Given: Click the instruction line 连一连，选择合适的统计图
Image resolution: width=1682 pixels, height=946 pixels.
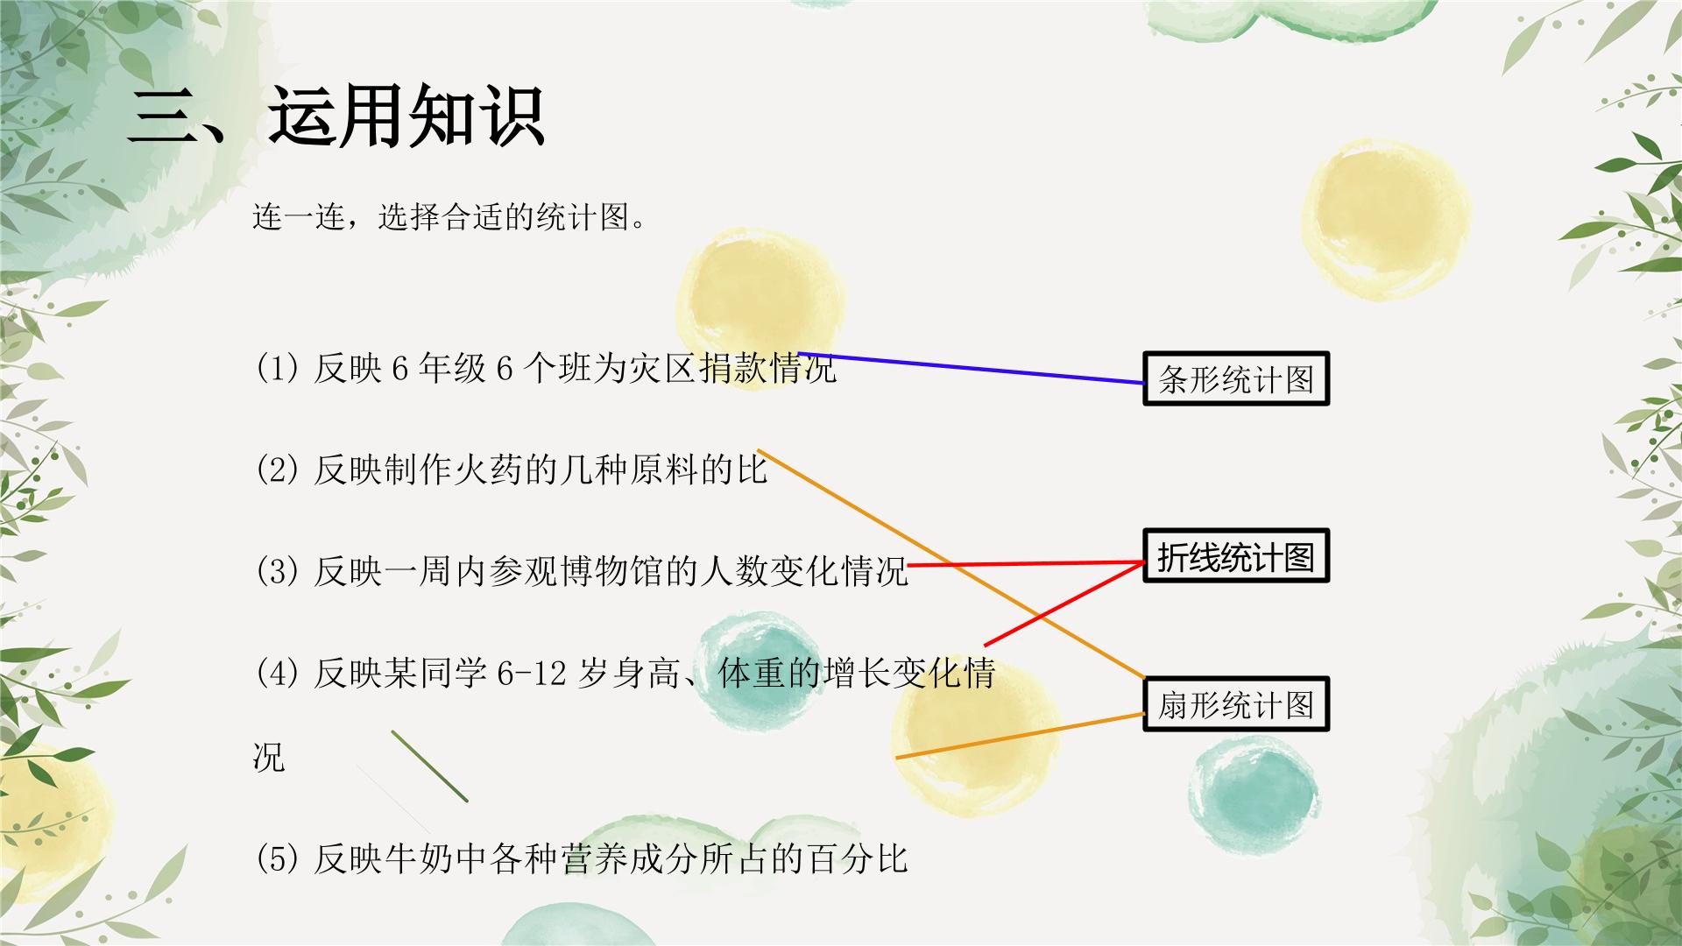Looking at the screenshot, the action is point(449,216).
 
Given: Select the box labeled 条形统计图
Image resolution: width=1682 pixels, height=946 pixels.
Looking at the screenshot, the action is point(1236,378).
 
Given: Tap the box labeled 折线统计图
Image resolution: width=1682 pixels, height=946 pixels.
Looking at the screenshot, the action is point(1236,556).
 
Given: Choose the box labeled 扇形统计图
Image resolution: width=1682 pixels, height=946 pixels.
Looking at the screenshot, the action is point(1236,704).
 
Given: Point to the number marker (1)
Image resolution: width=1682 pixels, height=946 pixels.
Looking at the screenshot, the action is point(278,369).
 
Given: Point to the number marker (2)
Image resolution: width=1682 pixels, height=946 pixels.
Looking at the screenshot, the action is point(278,470).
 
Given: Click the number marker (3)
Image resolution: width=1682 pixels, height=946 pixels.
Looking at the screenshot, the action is point(278,572).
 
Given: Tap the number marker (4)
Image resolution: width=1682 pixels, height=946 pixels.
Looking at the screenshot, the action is point(278,674).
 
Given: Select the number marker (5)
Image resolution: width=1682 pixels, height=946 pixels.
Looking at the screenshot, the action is point(278,859).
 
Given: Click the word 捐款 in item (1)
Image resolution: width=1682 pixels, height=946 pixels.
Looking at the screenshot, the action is point(733,369).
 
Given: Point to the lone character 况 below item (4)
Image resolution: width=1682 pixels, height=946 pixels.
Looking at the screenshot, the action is point(269,758).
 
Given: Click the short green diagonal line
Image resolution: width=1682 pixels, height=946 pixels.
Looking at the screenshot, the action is point(429,766).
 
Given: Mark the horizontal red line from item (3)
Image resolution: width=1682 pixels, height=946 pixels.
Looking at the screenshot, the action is point(1026,563).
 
